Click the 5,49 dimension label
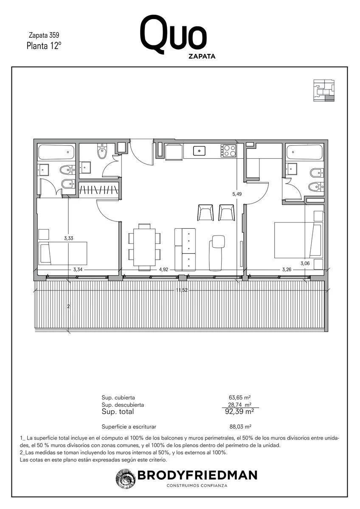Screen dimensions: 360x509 coord(237,194)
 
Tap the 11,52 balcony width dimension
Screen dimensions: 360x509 coord(182,290)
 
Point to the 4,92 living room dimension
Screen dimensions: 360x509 coord(163,270)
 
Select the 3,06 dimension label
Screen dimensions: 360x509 coord(305,263)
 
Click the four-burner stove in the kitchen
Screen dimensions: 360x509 coord(228,151)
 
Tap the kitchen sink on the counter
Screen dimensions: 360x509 coord(199,151)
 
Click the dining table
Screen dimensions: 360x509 coord(144,247)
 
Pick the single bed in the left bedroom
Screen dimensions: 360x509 coord(63,253)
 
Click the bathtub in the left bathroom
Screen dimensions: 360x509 coord(56,151)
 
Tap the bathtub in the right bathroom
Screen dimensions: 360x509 coord(305,151)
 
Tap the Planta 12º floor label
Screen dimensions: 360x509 coord(44,46)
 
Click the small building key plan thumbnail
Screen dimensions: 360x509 coord(324,90)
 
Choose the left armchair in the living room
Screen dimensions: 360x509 coord(206,212)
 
